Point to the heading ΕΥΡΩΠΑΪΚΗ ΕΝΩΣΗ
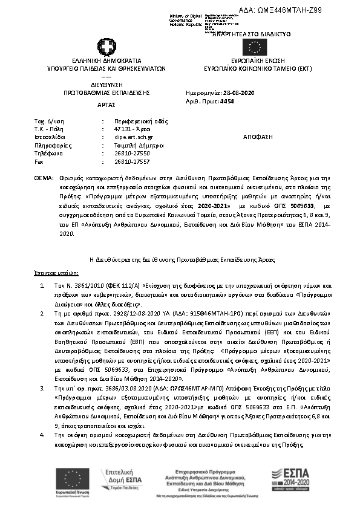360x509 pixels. point(254,61)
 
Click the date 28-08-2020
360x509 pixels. point(238,93)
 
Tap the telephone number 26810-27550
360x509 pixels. point(132,154)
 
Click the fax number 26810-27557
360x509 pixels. point(132,162)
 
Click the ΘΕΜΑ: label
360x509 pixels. point(44,180)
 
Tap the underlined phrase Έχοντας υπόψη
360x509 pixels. point(51,273)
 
